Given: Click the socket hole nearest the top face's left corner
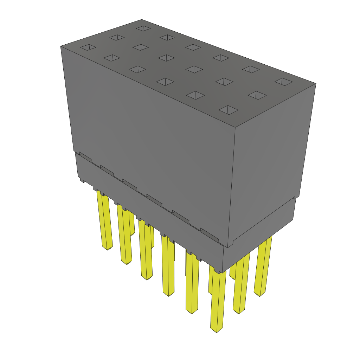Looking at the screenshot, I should click(x=88, y=47).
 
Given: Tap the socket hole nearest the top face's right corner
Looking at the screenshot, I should click(x=283, y=82).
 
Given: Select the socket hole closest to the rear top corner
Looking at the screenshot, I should click(x=143, y=28).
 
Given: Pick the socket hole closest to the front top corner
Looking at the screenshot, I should click(x=229, y=110).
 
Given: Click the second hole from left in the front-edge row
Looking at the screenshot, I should click(x=112, y=58).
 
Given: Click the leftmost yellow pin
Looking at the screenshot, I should click(x=105, y=221).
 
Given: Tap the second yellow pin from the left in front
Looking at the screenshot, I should click(x=124, y=236).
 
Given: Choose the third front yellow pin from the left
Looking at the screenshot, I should click(x=145, y=250).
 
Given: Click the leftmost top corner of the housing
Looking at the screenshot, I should click(x=61, y=46).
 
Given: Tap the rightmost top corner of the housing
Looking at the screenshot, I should click(x=316, y=83).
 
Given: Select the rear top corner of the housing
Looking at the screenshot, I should click(x=142, y=19).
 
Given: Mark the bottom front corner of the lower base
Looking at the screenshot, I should click(x=223, y=272).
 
